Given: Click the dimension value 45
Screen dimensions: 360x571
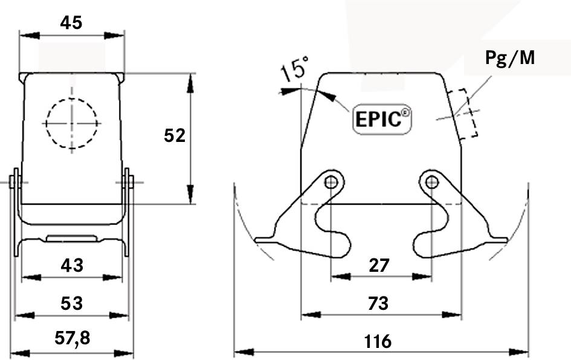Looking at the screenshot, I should point(71,22).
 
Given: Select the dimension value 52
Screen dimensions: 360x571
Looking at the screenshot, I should point(175,136).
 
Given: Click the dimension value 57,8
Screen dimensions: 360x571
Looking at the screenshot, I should point(72,339).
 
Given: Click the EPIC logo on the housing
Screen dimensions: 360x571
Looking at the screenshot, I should point(381,119).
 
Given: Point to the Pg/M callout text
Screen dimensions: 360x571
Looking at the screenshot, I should point(510,58).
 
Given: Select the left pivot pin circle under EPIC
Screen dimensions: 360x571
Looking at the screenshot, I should point(331,182).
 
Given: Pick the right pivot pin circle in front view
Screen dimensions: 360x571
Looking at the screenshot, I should point(431,182).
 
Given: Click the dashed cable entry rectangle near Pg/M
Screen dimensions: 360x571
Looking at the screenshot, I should point(464,114).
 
